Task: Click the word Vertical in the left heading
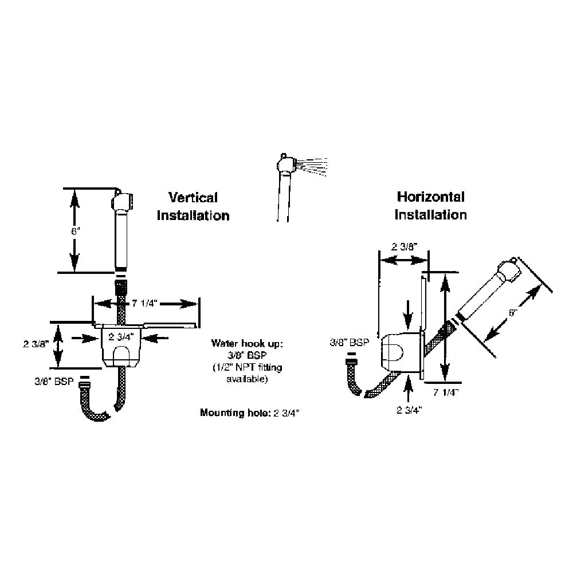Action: tap(193, 198)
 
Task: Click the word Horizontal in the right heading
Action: tap(431, 197)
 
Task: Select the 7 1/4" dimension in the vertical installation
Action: tap(140, 303)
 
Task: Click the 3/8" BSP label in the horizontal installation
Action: tap(349, 343)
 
